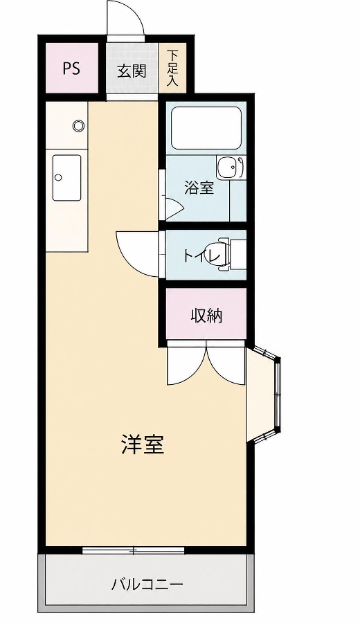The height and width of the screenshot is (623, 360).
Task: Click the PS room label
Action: click(x=71, y=69)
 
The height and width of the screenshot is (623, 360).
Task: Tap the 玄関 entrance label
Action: click(x=132, y=71)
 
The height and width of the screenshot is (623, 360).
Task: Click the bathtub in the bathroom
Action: click(x=206, y=128)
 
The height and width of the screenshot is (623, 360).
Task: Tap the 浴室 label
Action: click(x=199, y=188)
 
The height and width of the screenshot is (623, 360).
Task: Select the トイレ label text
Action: click(x=201, y=255)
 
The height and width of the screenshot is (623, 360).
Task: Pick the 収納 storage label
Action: click(x=206, y=316)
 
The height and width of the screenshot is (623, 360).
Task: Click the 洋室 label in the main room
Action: click(x=142, y=444)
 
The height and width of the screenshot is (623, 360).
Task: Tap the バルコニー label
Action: click(x=147, y=584)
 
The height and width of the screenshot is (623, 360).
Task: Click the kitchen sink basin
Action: click(x=66, y=178)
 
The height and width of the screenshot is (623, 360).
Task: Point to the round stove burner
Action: click(x=79, y=126)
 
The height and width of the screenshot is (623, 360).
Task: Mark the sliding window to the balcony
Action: click(x=133, y=550)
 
